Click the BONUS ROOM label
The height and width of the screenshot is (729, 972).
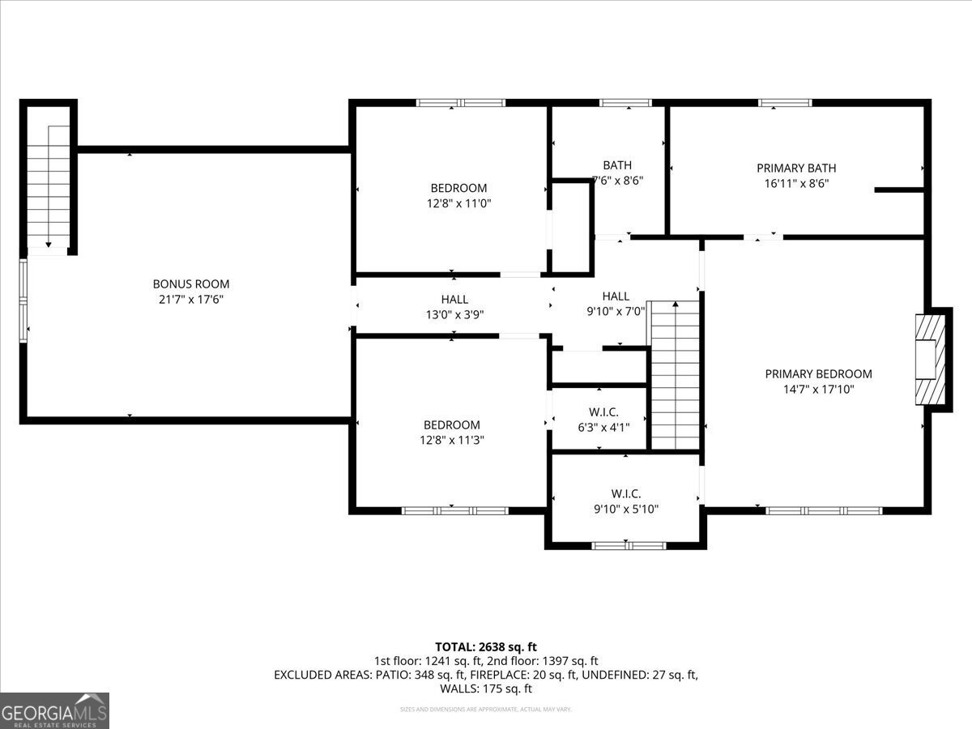click(x=191, y=284)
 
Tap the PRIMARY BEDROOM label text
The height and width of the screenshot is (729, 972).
click(x=818, y=374)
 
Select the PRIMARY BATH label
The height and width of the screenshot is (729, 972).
click(x=796, y=168)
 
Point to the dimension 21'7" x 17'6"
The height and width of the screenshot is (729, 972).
click(x=191, y=300)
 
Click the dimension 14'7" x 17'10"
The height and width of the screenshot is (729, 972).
click(x=818, y=390)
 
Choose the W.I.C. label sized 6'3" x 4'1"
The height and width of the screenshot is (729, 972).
click(x=598, y=411)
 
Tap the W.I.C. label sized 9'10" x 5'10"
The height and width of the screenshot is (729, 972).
click(x=625, y=493)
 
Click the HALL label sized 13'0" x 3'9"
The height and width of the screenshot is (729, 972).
click(x=454, y=300)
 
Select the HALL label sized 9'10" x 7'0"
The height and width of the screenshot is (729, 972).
click(x=616, y=296)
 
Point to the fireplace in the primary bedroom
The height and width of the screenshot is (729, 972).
click(x=930, y=358)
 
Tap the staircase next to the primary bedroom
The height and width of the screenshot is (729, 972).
click(x=676, y=374)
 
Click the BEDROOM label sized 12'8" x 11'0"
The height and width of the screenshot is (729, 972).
click(x=458, y=189)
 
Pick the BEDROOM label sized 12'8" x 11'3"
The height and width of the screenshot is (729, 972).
click(x=452, y=425)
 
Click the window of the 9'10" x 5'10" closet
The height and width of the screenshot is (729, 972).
click(x=629, y=546)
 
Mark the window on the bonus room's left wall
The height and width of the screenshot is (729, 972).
click(x=23, y=300)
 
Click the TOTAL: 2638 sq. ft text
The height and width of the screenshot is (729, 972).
click(x=486, y=646)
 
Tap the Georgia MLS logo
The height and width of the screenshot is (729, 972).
click(x=55, y=710)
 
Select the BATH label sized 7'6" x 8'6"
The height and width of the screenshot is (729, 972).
click(x=617, y=165)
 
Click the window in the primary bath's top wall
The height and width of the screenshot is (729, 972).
click(x=785, y=103)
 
